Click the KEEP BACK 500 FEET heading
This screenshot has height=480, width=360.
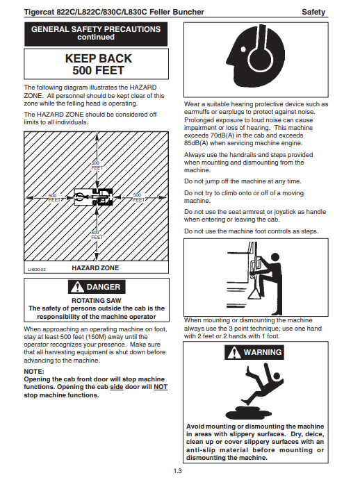click(x=99, y=65)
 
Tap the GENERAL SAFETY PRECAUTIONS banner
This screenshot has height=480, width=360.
click(x=96, y=34)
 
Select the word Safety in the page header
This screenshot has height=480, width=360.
click(x=313, y=12)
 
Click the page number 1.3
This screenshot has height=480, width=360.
click(x=177, y=471)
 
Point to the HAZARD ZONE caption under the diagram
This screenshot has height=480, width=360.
click(x=95, y=268)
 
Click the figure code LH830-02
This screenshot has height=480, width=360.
click(x=36, y=270)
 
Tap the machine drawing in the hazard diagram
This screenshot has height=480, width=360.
click(x=94, y=197)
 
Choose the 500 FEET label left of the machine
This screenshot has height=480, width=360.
click(x=54, y=198)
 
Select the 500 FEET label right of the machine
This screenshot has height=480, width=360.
click(x=138, y=197)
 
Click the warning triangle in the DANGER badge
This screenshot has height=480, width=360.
click(x=77, y=287)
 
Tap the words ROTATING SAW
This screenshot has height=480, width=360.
click(x=97, y=301)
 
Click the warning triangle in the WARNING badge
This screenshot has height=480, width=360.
click(x=234, y=352)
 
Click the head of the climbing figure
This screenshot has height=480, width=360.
click(x=275, y=257)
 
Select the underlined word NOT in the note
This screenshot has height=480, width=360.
click(x=161, y=387)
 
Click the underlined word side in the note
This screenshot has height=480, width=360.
click(x=117, y=387)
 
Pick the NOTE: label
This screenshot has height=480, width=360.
click(x=34, y=372)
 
